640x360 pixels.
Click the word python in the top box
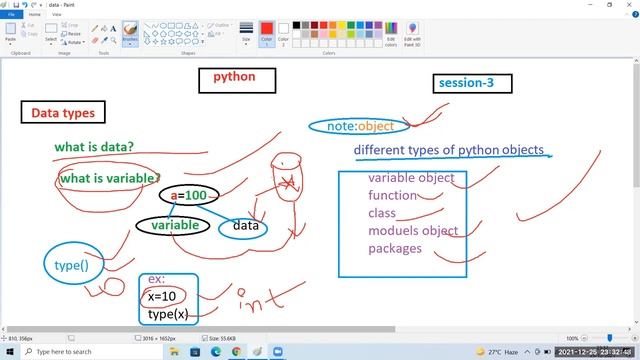[234, 77]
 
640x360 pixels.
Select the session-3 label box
[466, 83]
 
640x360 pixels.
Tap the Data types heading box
[63, 113]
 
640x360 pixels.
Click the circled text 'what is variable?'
[108, 178]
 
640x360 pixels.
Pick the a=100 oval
[188, 195]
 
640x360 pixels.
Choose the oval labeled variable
[174, 226]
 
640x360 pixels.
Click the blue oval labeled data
[246, 226]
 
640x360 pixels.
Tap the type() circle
[70, 265]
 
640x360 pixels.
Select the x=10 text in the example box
[162, 297]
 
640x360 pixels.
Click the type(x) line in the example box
[167, 315]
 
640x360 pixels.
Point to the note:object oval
[360, 126]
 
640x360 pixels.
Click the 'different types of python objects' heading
[449, 150]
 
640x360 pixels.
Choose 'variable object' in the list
[411, 178]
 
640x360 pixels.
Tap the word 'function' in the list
[392, 195]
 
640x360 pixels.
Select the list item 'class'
[382, 213]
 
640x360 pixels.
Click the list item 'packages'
[395, 248]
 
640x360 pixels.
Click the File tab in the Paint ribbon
[12, 15]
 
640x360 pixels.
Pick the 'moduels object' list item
[413, 231]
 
